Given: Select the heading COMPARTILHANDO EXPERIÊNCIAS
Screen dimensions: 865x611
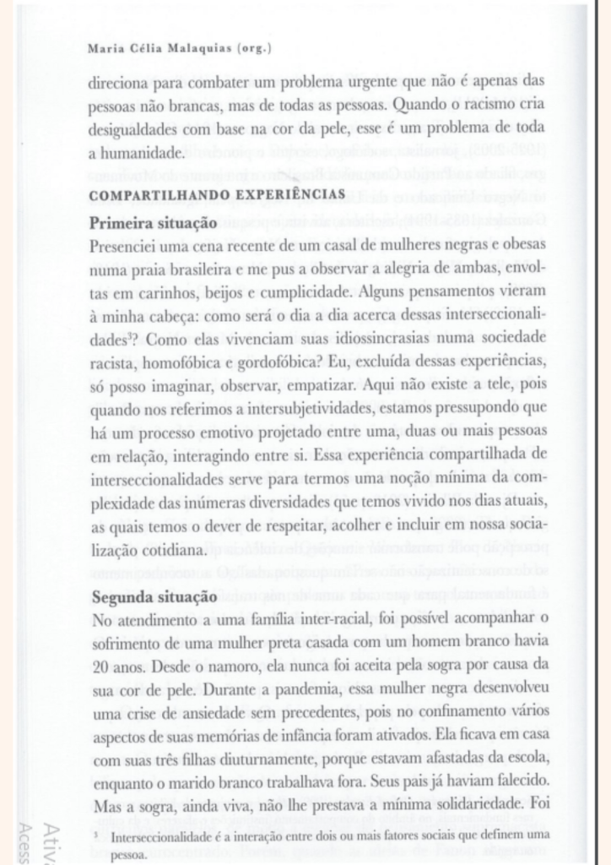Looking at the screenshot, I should coord(216,195).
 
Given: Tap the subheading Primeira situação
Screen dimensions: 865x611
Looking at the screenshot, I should coord(154,223).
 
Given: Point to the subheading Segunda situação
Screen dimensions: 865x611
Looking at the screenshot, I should coord(154,598).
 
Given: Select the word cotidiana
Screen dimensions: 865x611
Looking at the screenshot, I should coord(172,549).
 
